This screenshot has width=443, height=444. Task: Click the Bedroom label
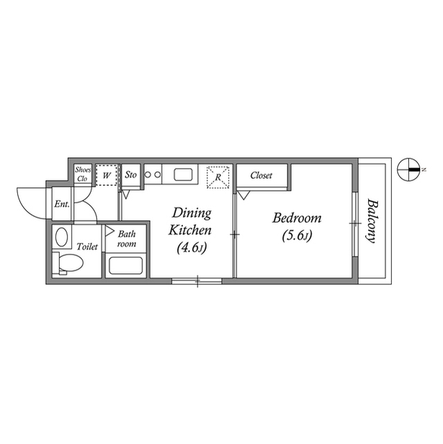(297, 218)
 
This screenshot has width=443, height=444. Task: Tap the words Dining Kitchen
(191, 221)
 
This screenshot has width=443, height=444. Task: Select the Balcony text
(372, 222)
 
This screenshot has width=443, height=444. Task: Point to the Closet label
(261, 176)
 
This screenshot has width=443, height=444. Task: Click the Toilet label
(87, 246)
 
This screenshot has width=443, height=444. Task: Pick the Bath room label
(126, 239)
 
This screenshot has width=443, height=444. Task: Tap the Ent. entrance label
(61, 204)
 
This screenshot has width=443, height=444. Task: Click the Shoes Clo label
(83, 174)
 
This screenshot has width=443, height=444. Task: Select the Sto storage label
(130, 176)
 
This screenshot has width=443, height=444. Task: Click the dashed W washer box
(106, 176)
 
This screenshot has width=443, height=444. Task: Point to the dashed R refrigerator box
(218, 176)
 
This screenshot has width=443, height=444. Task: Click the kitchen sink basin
(184, 174)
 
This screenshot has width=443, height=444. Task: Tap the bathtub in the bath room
(125, 265)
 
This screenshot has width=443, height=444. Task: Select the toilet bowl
(70, 263)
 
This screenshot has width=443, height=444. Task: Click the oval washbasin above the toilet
(62, 238)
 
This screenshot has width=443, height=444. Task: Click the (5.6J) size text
(297, 236)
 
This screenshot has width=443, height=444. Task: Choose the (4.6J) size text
(191, 246)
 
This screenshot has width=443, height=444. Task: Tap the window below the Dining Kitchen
(197, 281)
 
